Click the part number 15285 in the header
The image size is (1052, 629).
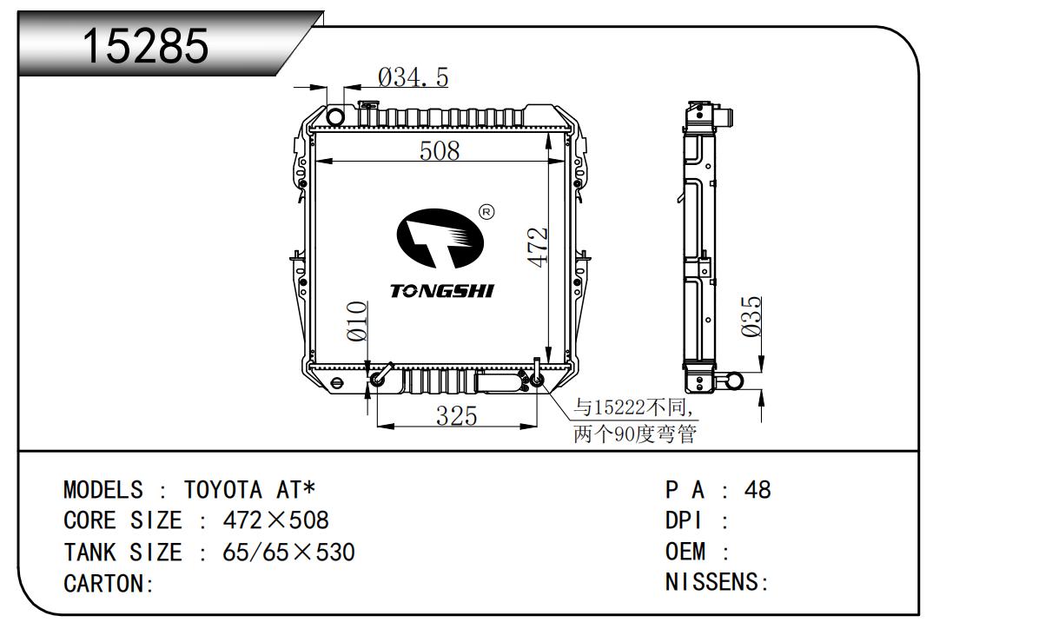coord(145,45)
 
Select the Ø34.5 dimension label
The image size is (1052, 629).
coord(413,78)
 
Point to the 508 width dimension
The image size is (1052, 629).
coord(439,151)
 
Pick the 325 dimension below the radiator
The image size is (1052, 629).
coord(456,417)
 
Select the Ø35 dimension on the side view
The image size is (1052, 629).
coord(751,316)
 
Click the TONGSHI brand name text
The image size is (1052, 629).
coord(441,291)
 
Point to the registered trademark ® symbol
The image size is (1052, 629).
coord(486,211)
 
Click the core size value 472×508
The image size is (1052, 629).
coord(276,520)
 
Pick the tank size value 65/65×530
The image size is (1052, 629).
coord(289,552)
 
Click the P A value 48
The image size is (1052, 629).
coord(758,490)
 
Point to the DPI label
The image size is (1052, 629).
coord(685,520)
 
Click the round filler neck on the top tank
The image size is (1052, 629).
coord(336,116)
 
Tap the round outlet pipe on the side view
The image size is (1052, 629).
coord(735,380)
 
